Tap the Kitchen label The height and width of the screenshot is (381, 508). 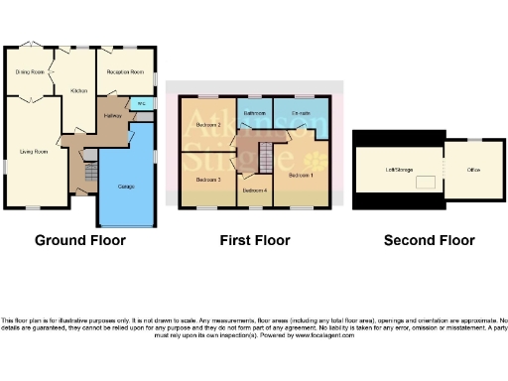tap(79, 90)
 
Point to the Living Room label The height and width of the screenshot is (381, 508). tap(34, 152)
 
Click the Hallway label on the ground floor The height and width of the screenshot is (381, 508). tap(112, 115)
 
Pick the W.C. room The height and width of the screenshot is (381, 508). tap(141, 102)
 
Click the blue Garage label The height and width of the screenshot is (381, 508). tap(126, 187)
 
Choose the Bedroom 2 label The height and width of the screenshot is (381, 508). tap(206, 125)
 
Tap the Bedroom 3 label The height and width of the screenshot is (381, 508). tap(206, 180)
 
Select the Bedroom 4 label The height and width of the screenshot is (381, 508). tap(254, 189)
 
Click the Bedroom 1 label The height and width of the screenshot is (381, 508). tap(301, 175)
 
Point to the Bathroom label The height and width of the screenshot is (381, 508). tap(254, 113)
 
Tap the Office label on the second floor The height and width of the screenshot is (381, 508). tap(473, 170)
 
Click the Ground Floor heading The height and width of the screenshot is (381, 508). tap(79, 240)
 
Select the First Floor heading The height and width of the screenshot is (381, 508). tap(255, 240)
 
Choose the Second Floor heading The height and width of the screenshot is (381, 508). tap(429, 240)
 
